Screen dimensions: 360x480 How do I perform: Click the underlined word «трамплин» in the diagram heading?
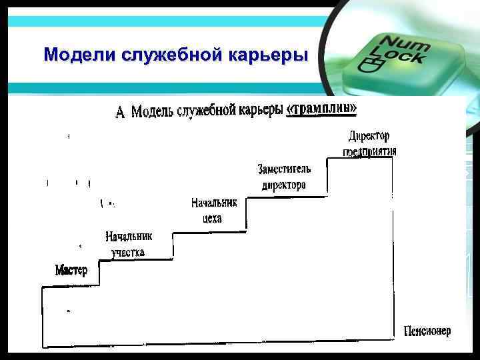(326, 109)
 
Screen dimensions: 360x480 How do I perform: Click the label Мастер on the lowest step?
(71, 270)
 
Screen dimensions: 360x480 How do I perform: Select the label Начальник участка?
(129, 244)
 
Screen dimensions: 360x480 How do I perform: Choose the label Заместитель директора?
(284, 177)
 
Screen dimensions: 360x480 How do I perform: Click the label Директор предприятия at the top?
(370, 143)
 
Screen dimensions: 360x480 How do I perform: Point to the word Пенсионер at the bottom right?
(427, 331)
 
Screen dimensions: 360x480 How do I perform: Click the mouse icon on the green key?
(369, 65)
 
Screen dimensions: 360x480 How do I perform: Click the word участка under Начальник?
(129, 252)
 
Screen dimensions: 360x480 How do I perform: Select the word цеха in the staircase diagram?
(211, 218)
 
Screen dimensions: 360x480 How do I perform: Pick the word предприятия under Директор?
(370, 151)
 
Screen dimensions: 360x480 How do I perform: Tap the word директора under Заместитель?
(284, 185)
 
